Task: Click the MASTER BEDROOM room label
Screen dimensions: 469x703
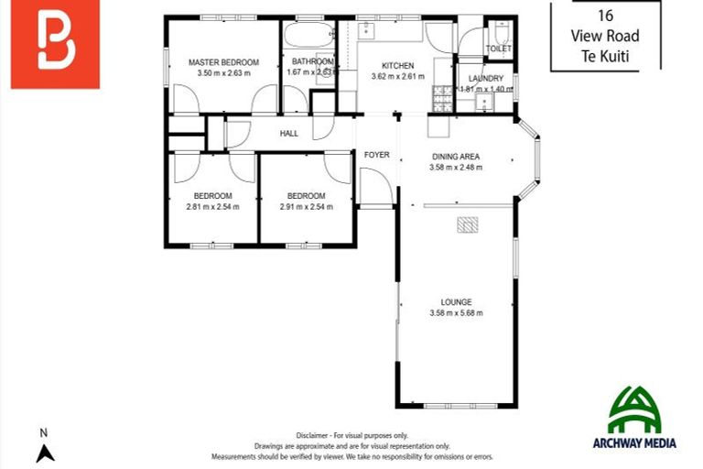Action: [x=223, y=62]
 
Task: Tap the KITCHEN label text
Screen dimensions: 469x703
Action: [x=397, y=66]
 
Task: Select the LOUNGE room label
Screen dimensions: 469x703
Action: [x=456, y=300]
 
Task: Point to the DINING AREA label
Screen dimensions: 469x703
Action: [x=456, y=156]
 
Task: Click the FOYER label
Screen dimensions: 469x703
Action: [x=377, y=155]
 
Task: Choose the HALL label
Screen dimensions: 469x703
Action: [x=289, y=134]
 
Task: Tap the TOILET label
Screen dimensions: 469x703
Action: [x=498, y=48]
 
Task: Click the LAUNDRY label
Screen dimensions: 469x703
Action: [x=485, y=79]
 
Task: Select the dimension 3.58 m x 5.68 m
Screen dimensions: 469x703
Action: [x=456, y=313]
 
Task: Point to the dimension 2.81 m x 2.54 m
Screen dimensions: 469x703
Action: [x=212, y=207]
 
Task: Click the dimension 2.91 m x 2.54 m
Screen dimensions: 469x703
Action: [x=306, y=207]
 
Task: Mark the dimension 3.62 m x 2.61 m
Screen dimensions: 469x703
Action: [x=397, y=77]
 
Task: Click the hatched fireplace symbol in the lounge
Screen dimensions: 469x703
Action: [x=468, y=225]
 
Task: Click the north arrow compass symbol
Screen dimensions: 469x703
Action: [x=45, y=452]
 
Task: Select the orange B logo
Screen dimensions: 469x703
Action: [x=55, y=44]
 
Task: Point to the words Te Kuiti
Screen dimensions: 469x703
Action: [x=605, y=55]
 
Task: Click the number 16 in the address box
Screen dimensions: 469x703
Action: [x=605, y=15]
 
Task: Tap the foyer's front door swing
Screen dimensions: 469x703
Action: [x=375, y=188]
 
